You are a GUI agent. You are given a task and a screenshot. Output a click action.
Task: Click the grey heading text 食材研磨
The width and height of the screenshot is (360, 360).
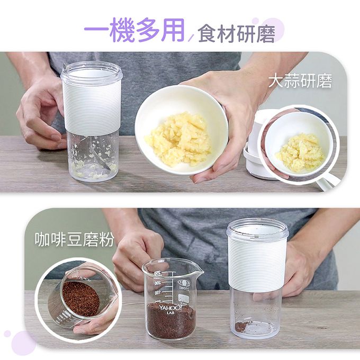236,33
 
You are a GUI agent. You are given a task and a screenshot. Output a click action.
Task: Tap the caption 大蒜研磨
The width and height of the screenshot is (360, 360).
300,82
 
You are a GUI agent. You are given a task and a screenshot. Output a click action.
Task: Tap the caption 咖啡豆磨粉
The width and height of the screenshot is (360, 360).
75,240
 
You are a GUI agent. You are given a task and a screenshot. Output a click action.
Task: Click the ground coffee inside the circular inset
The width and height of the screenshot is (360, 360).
80,299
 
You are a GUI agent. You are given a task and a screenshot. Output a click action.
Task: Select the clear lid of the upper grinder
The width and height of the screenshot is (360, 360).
91,72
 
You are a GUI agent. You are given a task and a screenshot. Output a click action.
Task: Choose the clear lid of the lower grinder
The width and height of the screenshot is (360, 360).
257,228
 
